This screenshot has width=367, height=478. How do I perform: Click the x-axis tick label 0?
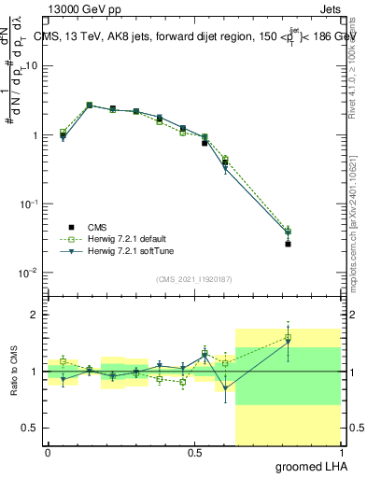[48, 451]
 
